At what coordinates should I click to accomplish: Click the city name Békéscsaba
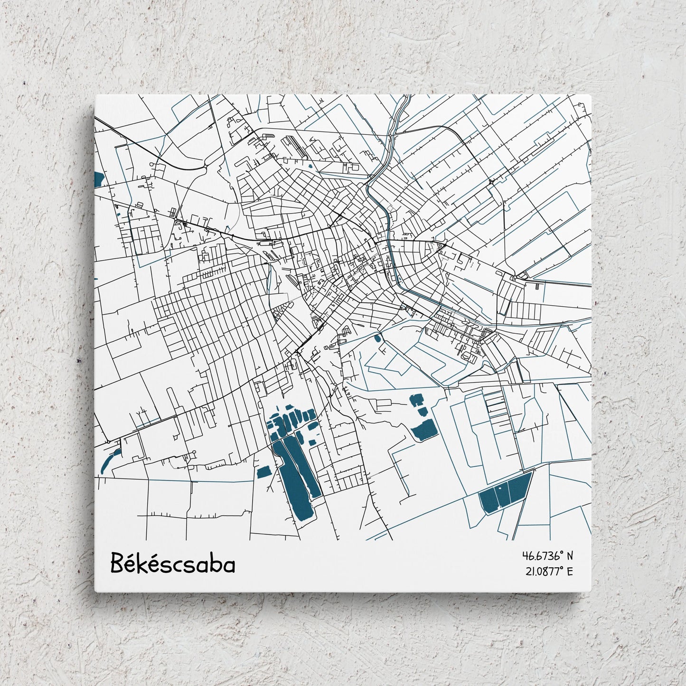(x=173, y=564)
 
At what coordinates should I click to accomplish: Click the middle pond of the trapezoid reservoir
(x=503, y=498)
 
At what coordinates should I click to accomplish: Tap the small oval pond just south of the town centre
(x=378, y=338)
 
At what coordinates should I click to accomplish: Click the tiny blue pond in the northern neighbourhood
(x=310, y=166)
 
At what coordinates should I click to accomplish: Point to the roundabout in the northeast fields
(x=491, y=181)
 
